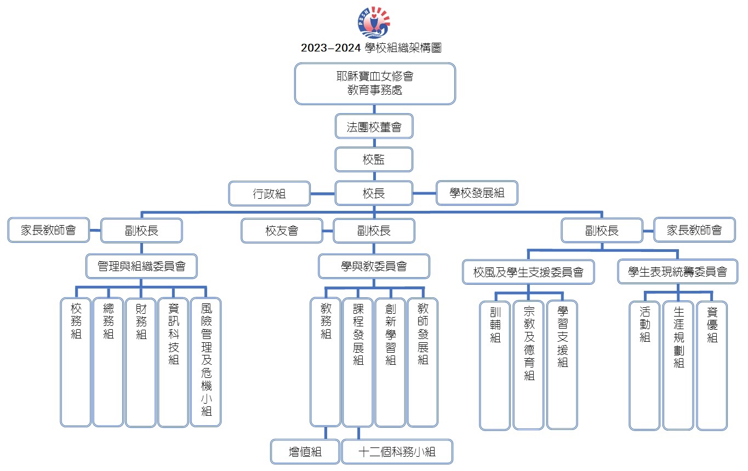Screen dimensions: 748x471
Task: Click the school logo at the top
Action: [374, 22]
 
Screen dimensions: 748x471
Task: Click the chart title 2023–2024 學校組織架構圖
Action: [371, 48]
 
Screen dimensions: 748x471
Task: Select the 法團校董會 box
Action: [374, 126]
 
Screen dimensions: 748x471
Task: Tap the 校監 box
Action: [374, 159]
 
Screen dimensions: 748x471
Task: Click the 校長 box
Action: [374, 193]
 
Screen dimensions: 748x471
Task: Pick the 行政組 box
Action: [270, 193]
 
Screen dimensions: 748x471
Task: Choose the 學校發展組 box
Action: [477, 193]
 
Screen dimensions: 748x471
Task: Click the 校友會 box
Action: [282, 231]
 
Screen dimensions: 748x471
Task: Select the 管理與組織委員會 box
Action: [141, 266]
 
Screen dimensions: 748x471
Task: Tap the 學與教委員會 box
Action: [374, 266]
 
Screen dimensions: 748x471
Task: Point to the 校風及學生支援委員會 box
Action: [528, 272]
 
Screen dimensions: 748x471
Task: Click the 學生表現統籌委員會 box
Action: [677, 272]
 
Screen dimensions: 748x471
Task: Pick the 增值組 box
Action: [305, 452]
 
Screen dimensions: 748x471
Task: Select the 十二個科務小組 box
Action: [397, 452]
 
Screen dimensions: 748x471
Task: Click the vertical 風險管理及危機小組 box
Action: [206, 362]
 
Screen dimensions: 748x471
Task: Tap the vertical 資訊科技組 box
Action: [173, 362]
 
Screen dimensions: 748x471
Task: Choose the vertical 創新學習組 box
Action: [390, 362]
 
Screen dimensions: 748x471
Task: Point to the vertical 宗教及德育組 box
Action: [529, 365]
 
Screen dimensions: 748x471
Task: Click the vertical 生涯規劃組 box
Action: [678, 365]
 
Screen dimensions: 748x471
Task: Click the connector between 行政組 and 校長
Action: [323, 194]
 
